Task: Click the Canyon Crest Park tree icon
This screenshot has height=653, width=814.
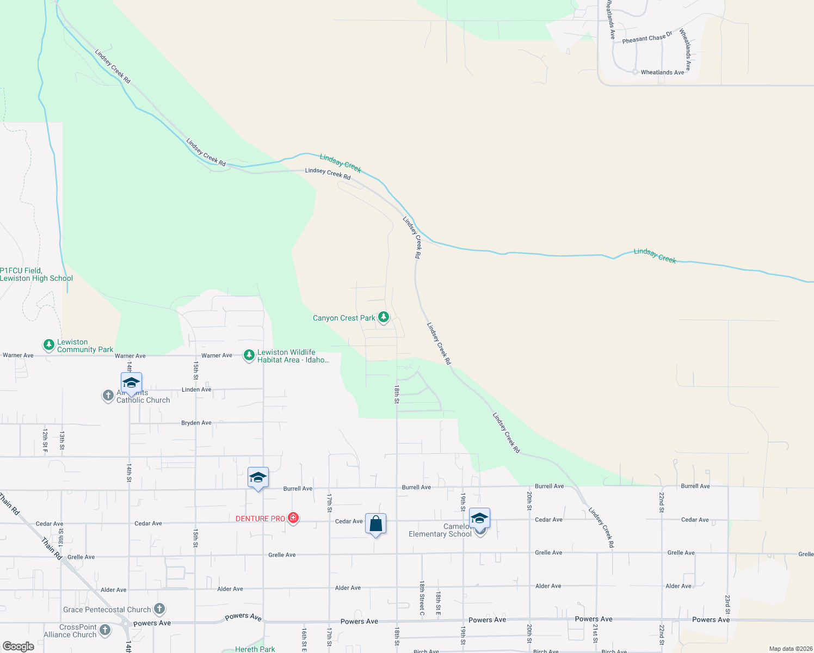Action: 384,317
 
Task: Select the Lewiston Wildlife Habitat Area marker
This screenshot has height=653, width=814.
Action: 249,355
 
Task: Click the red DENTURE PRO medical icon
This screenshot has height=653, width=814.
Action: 293,518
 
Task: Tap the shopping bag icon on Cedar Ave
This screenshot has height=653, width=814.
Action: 376,524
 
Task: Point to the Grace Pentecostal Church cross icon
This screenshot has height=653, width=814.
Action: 159,608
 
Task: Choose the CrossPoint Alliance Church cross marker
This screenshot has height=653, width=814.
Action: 105,630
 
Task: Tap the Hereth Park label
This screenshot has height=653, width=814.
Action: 255,649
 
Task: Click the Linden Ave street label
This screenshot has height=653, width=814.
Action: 196,390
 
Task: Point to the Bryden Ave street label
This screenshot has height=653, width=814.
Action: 196,423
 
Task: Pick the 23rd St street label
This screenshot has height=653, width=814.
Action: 727,604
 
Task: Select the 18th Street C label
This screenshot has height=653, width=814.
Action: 422,595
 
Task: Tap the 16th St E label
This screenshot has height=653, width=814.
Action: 304,639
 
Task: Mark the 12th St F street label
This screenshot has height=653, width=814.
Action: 45,440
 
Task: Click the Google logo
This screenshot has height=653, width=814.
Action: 18,646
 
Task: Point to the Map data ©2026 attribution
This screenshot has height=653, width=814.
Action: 790,649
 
